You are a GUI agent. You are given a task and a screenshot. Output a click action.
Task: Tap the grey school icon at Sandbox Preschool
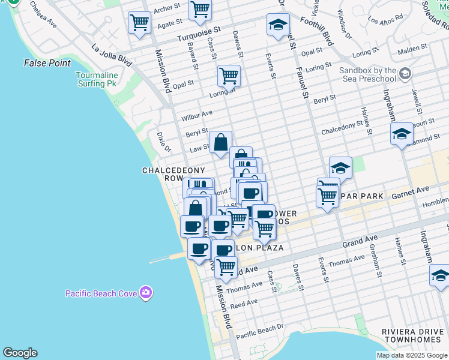405,74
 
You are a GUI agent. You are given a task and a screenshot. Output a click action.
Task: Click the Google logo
20,353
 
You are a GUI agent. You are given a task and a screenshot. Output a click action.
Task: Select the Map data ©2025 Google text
412,355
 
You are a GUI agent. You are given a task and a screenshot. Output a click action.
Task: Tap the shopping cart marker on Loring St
229,76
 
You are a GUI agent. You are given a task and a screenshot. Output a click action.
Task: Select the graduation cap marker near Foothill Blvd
278,25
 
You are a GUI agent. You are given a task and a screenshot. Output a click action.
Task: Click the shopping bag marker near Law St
220,143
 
